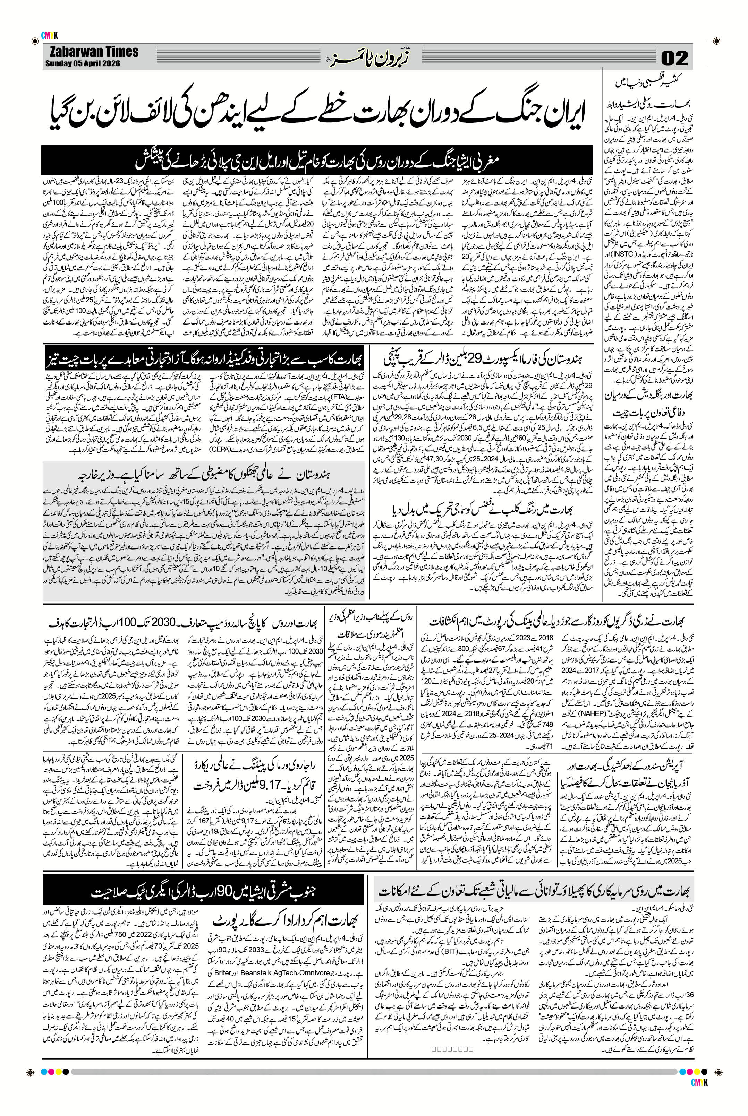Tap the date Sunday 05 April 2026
tap(83, 63)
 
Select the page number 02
tap(674, 59)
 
